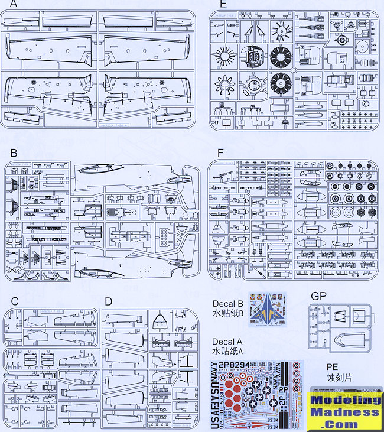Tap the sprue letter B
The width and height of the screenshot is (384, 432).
point(14,151)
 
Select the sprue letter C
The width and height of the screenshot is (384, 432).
point(15,301)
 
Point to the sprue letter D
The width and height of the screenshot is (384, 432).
point(108,301)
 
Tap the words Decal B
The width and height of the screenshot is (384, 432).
point(227,304)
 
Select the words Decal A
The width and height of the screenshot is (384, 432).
point(227,342)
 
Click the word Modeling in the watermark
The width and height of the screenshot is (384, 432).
point(346,399)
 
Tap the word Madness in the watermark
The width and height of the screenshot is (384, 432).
point(346,412)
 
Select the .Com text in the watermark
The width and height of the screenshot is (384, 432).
point(347,424)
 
